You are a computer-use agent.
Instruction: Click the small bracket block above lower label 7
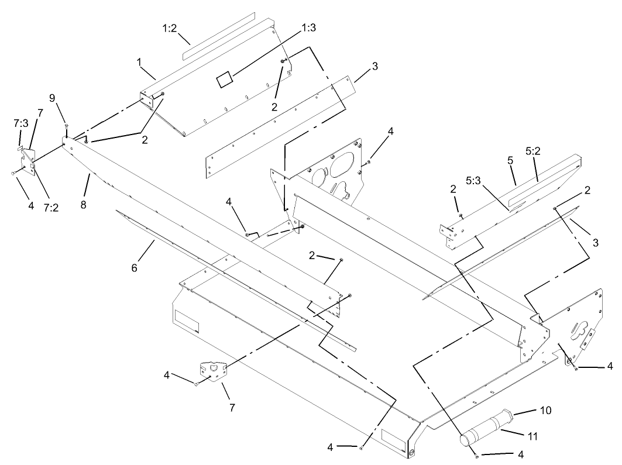pos(212,371)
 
